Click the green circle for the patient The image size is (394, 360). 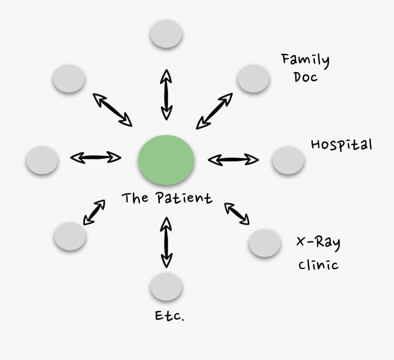(x=166, y=160)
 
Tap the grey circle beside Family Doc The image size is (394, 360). (x=253, y=78)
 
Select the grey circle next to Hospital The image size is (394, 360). (x=288, y=160)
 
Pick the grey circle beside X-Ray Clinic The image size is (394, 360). (x=264, y=243)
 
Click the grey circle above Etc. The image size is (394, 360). (x=166, y=287)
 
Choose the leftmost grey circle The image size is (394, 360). (x=42, y=160)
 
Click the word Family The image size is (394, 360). (x=306, y=60)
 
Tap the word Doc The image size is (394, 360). (x=306, y=78)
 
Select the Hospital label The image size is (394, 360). (x=341, y=145)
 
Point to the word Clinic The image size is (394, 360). (x=318, y=265)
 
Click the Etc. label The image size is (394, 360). (x=169, y=316)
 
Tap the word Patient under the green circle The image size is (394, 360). (x=184, y=198)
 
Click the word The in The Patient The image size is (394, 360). (x=135, y=198)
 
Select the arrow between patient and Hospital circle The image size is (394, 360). (x=233, y=159)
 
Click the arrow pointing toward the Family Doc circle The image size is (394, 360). (x=214, y=111)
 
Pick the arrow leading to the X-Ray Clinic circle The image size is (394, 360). (x=237, y=214)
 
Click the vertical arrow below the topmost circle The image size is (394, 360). (x=166, y=94)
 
